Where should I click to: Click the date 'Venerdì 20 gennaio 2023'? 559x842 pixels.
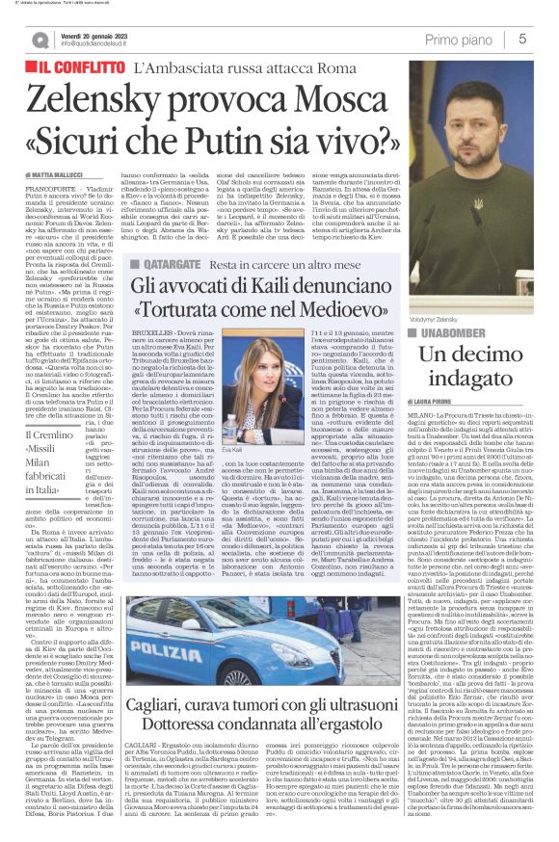[103, 34]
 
